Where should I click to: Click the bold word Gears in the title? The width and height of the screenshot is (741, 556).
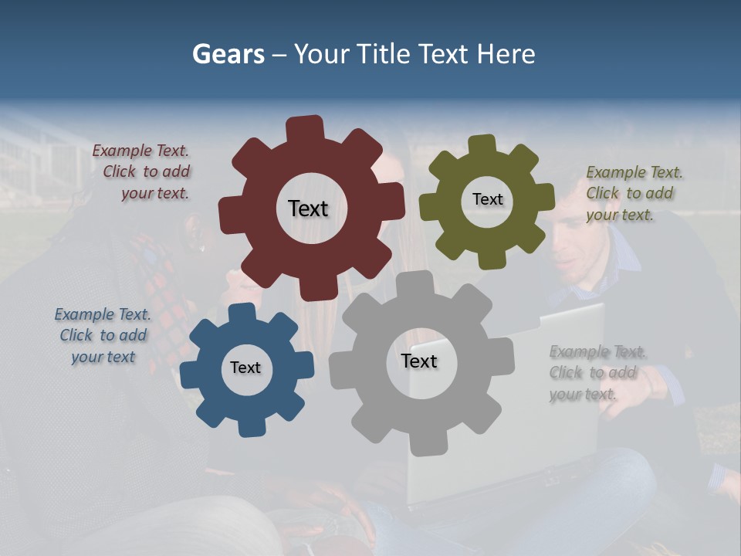tap(228, 54)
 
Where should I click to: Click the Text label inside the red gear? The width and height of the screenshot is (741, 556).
tap(308, 208)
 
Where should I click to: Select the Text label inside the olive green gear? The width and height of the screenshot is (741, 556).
tap(487, 199)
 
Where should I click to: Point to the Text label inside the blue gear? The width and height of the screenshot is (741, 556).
tap(245, 368)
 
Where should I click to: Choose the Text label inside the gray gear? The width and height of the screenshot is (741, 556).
tap(419, 361)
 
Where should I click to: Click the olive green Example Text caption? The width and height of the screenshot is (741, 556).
tap(633, 193)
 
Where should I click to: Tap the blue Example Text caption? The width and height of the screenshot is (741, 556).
tap(103, 335)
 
